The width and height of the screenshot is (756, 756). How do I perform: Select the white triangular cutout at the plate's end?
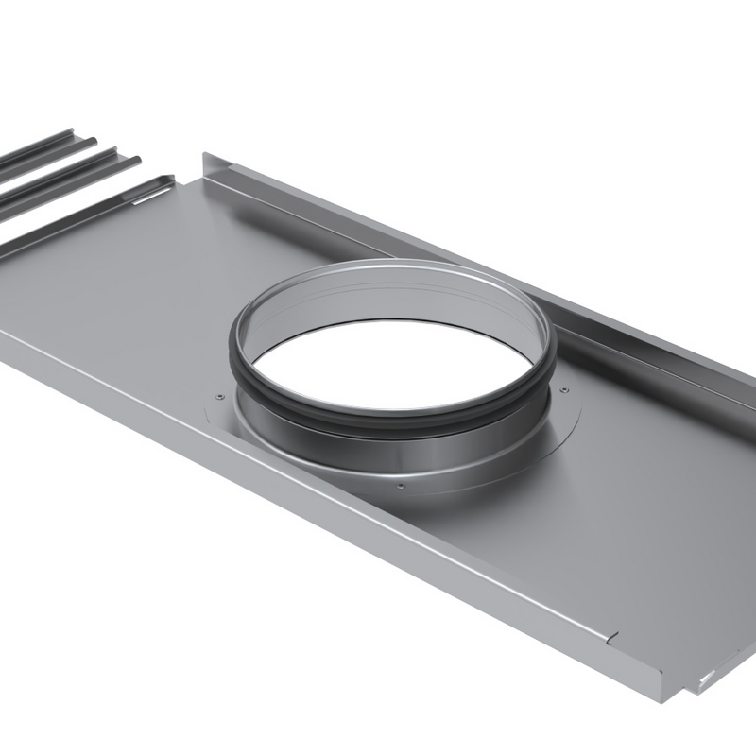coord(703,677)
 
